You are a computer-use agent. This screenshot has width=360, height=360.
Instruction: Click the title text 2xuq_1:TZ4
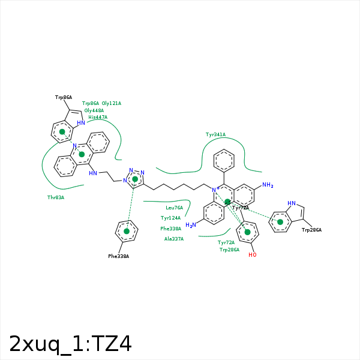(70, 344)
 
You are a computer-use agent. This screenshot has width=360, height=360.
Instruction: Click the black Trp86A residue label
(64, 97)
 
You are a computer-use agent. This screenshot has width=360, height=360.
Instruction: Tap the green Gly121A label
(112, 103)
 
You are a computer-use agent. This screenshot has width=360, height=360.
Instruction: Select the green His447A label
(98, 117)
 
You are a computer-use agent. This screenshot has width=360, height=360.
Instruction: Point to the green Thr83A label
(56, 197)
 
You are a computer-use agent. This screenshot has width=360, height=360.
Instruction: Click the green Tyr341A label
(215, 134)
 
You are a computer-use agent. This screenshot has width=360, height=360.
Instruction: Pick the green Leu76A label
(175, 208)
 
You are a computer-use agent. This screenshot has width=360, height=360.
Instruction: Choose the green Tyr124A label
(170, 218)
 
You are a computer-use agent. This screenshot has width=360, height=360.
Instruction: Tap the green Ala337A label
(174, 239)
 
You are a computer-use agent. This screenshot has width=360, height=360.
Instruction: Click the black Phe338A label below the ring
(119, 256)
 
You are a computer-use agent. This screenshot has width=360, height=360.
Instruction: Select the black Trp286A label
(312, 230)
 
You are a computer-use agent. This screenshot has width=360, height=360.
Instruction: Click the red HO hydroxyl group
(252, 255)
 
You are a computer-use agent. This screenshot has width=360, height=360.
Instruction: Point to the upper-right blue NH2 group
(268, 185)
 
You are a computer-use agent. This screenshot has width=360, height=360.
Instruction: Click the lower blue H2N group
(191, 225)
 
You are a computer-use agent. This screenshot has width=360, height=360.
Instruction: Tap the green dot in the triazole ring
(135, 179)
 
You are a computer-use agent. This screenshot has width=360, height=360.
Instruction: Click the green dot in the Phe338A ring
(127, 231)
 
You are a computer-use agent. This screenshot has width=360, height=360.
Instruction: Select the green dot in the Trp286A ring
(280, 222)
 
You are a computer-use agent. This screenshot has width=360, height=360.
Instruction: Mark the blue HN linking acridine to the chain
(93, 173)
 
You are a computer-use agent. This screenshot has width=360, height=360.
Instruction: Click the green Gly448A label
(94, 110)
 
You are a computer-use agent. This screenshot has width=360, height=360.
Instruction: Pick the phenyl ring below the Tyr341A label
(224, 161)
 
